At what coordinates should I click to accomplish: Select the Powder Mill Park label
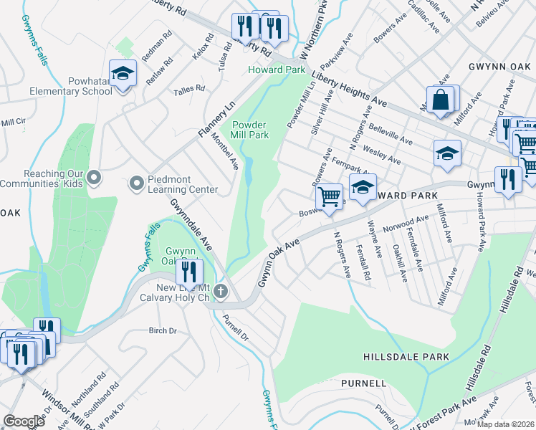(249, 129)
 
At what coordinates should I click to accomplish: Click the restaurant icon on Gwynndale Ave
(189, 272)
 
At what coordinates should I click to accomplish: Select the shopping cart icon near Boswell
(329, 196)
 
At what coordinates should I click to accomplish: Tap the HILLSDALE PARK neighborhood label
(406, 357)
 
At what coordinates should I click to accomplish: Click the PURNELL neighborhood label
(363, 383)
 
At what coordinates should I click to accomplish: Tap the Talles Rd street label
(189, 89)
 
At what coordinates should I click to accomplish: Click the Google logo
(24, 421)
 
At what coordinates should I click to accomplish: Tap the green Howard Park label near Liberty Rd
(277, 70)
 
